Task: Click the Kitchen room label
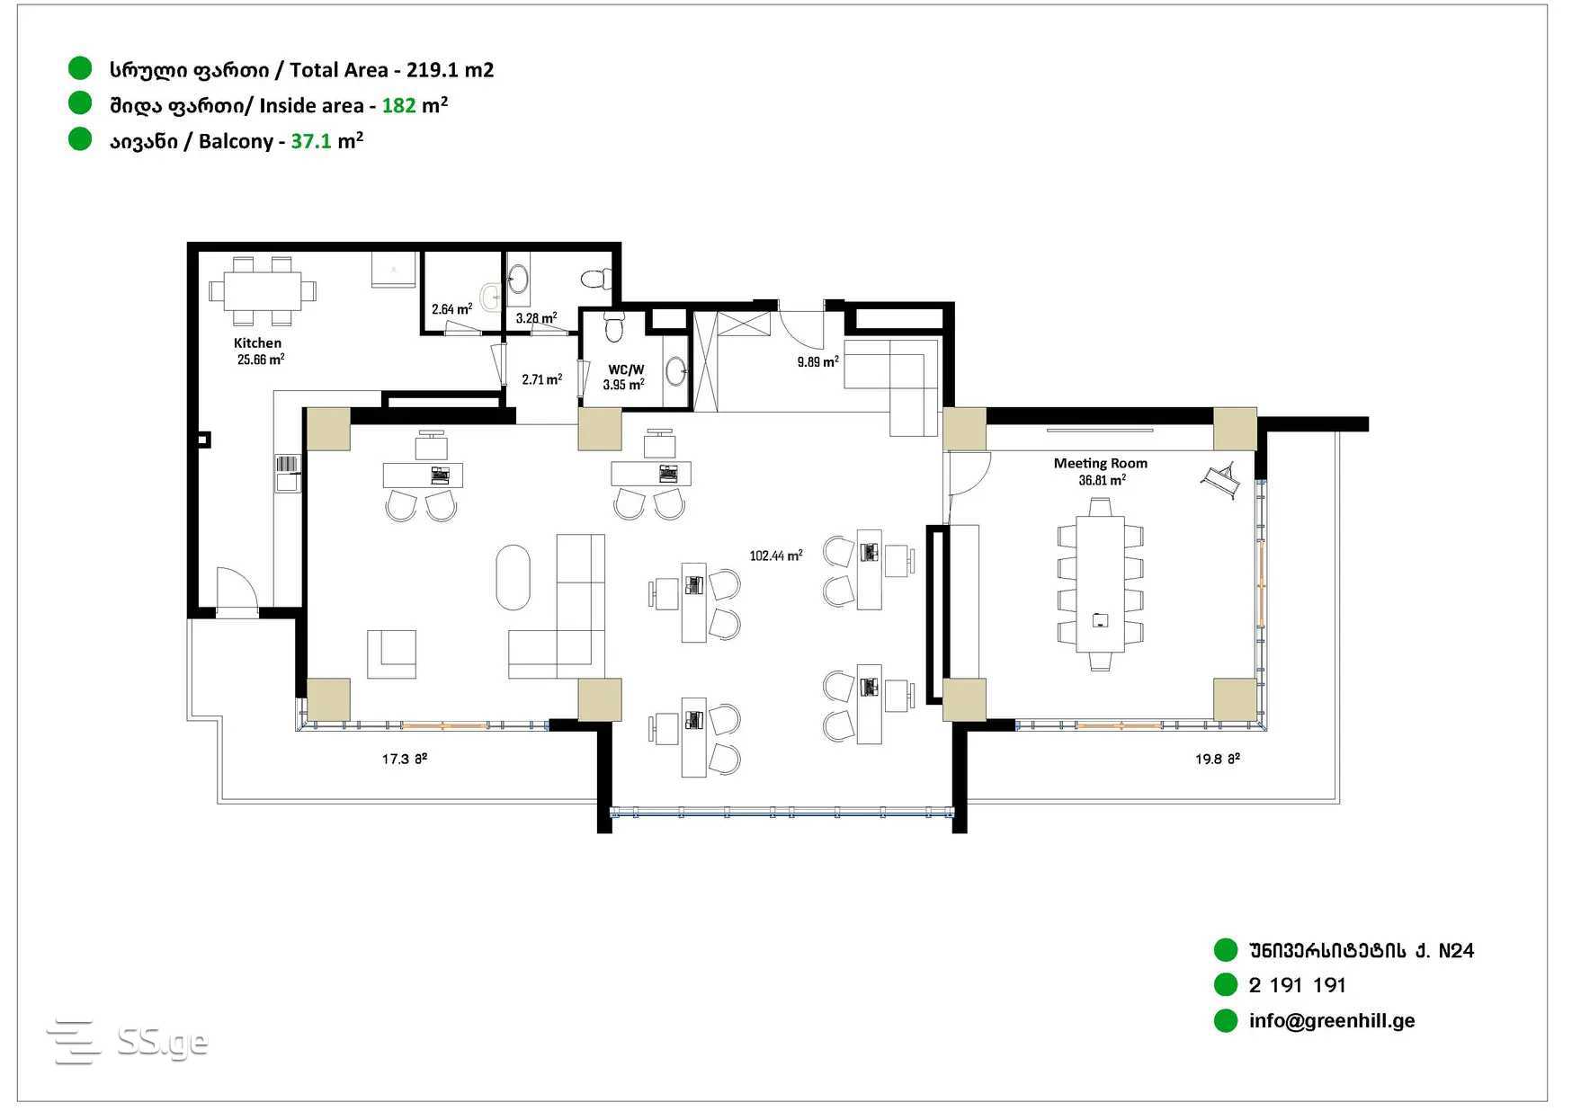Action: click(x=257, y=342)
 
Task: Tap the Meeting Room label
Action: click(x=1100, y=463)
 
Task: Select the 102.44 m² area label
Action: click(x=775, y=555)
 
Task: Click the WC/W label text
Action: click(x=626, y=369)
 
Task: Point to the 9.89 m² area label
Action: click(x=817, y=361)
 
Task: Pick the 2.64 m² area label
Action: click(x=451, y=309)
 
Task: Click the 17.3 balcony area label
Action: click(x=404, y=759)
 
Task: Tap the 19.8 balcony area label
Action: click(x=1217, y=759)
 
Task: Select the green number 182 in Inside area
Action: click(x=398, y=105)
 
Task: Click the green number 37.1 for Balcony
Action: click(x=311, y=141)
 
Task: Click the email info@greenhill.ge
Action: click(x=1331, y=1020)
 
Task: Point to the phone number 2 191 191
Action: click(x=1297, y=985)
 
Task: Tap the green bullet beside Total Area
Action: click(x=80, y=68)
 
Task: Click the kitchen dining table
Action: click(x=262, y=291)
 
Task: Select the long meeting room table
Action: click(x=1100, y=583)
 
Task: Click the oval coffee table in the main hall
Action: click(x=513, y=577)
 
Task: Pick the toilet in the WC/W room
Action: click(x=614, y=326)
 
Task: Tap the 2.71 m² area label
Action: click(x=541, y=379)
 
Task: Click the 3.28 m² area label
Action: click(x=536, y=318)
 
